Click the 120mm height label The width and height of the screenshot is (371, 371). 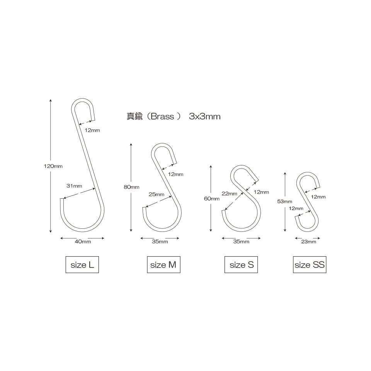coord(53,166)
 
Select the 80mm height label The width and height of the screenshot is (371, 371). coord(131,187)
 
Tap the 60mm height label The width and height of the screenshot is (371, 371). coord(212,199)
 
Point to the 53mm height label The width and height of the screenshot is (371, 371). coord(285,202)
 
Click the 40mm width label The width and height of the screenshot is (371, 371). coord(83,242)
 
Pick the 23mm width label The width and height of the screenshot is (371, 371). coord(308,242)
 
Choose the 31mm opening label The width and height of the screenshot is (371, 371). coord(74,186)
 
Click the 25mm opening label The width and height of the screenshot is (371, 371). coord(157,194)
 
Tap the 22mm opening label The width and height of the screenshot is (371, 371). coord(229,194)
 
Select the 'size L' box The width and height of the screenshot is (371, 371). coord(82,264)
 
